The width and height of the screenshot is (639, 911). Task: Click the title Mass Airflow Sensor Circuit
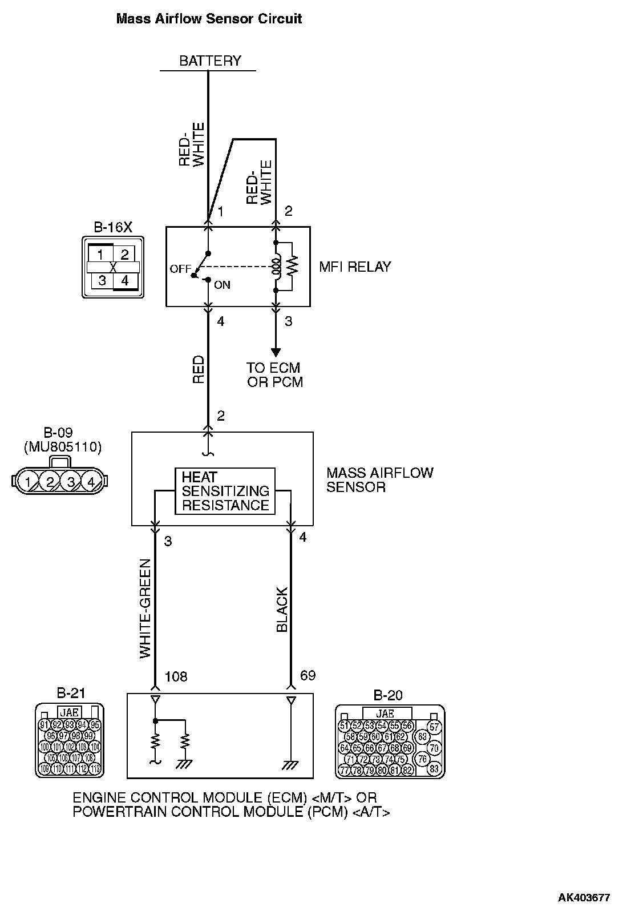pos(209,19)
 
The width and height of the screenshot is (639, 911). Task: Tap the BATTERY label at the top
pos(210,61)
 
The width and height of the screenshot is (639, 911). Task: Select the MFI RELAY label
pos(355,267)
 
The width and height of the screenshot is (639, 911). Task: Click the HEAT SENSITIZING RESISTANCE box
pos(225,491)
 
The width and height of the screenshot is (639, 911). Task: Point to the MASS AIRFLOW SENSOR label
pos(379,480)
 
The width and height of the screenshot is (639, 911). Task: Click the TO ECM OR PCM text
pos(274,375)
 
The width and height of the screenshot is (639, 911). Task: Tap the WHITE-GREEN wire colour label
pos(146,608)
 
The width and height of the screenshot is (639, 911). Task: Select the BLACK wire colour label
pos(282,610)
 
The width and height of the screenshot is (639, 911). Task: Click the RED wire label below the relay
pos(198,369)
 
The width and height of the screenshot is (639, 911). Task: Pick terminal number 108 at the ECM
pos(176,676)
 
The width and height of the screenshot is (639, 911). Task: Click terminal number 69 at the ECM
pos(308,676)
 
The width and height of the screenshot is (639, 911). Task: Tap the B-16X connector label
pos(112,227)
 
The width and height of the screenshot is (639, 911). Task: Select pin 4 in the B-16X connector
pos(125,280)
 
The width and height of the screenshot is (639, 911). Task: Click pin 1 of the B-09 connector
pos(27,482)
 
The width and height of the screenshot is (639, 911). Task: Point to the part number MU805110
pos(63,447)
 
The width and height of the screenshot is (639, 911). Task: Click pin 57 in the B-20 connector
pos(435,727)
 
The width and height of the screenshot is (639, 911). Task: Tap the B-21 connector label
pos(71,694)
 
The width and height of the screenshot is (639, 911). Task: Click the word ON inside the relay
pos(222,285)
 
